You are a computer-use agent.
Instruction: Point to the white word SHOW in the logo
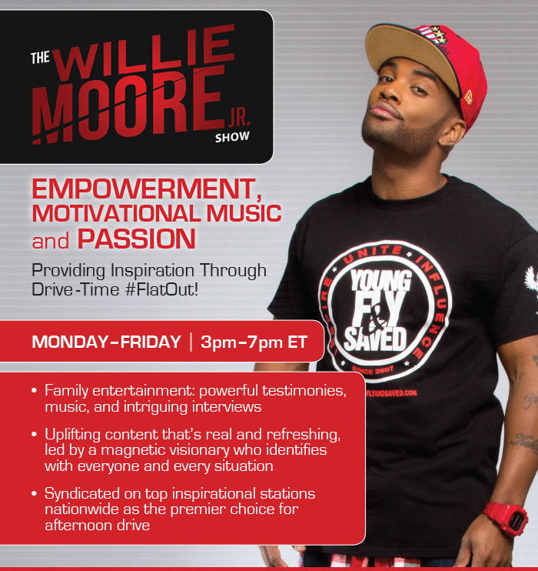pos(232,137)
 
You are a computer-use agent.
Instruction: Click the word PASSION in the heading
pos(137,239)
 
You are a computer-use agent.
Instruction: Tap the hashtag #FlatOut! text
pos(161,290)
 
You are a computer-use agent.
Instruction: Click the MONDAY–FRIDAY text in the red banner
pos(106,342)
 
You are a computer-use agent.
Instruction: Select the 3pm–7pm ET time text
pos(254,342)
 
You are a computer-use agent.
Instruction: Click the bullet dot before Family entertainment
pos(34,391)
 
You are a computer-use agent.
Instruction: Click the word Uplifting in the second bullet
pos(73,435)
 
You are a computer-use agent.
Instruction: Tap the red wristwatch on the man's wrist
pos(506,518)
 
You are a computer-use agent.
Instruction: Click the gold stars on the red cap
pos(439,34)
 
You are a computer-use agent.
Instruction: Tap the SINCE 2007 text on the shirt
pos(373,370)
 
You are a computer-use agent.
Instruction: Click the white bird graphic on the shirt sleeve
pos(532,281)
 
